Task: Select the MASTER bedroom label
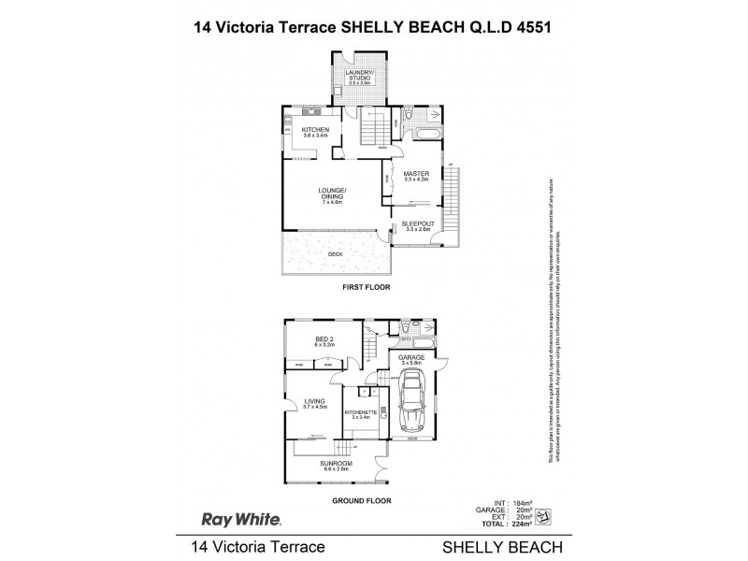pos(415,174)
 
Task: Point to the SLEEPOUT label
pos(414,223)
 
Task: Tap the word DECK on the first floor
pos(334,253)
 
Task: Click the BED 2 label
pos(324,340)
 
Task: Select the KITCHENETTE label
pos(361,412)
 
